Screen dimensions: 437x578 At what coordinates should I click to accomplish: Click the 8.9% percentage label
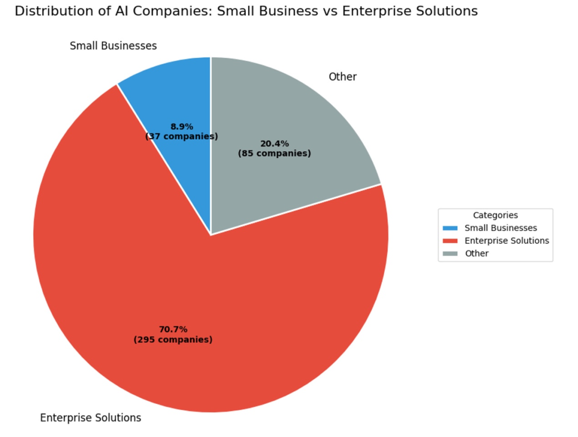coord(181,127)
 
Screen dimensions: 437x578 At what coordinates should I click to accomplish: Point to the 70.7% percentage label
coord(173,329)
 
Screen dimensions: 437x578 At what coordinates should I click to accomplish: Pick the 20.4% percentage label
coord(274,143)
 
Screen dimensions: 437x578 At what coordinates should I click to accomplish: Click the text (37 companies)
coord(181,136)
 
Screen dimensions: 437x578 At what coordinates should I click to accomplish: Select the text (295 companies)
coord(173,340)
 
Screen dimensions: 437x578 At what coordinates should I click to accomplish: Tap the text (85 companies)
coord(274,154)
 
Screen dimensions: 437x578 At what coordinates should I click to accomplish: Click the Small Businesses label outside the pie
coord(113,46)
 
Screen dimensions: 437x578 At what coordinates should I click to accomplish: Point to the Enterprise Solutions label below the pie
coord(90,418)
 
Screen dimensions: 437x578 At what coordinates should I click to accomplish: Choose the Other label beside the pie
coord(343,77)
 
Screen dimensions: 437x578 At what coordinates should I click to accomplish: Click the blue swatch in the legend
coord(450,228)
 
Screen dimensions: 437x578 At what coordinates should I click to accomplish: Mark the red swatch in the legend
coord(450,241)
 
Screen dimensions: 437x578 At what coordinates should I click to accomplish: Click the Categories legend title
coord(495,216)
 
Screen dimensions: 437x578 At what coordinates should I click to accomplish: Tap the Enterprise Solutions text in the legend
coord(507,241)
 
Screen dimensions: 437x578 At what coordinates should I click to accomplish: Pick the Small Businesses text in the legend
coord(500,228)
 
